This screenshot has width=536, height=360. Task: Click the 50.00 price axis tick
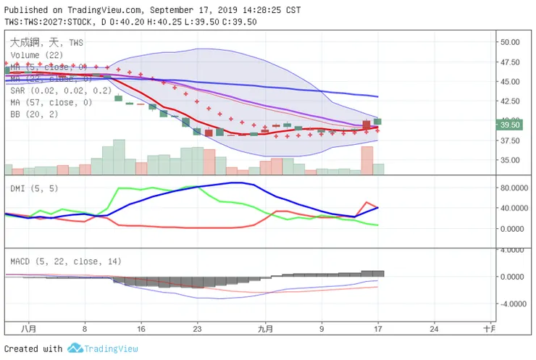(x=510, y=42)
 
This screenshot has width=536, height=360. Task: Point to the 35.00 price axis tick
(x=510, y=160)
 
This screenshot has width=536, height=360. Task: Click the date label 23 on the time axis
(x=197, y=328)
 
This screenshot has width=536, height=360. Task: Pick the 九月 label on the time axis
(x=266, y=328)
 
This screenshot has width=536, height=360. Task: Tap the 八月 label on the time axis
(x=28, y=328)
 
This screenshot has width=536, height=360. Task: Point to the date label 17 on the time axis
(x=378, y=328)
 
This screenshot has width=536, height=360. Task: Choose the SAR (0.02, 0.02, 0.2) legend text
(x=61, y=91)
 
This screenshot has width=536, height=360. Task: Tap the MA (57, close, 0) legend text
(x=51, y=103)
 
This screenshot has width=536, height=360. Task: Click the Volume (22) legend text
(x=36, y=54)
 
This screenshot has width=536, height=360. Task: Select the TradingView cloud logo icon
(x=75, y=348)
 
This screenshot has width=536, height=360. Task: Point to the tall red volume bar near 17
(x=367, y=160)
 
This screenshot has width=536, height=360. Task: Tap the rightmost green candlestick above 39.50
(x=378, y=122)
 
